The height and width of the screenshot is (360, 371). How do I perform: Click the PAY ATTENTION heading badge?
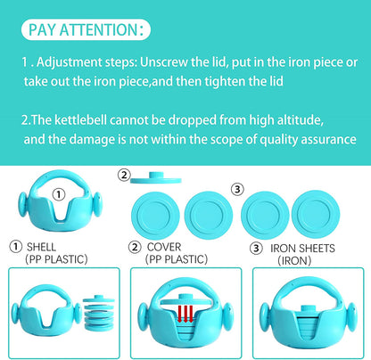(x=86, y=29)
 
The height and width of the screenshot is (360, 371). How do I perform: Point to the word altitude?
(x=300, y=120)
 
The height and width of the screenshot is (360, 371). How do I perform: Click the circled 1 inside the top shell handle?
(x=59, y=194)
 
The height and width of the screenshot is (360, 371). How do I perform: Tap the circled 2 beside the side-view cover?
(x=124, y=175)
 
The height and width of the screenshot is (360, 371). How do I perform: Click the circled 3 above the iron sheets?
(x=237, y=189)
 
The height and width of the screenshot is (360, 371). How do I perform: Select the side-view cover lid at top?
(x=156, y=178)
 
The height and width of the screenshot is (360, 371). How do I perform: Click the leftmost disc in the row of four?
(x=155, y=215)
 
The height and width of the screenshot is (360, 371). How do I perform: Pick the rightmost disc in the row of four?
(x=316, y=215)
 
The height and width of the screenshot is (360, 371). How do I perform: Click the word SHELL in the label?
(x=41, y=247)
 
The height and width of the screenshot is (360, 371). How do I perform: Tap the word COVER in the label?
(x=164, y=247)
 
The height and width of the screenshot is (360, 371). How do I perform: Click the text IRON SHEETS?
(x=302, y=249)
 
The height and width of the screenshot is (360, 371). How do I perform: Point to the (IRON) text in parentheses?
(x=294, y=261)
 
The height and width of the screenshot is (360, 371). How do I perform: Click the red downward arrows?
(x=185, y=314)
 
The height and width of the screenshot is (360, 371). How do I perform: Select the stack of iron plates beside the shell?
(x=98, y=313)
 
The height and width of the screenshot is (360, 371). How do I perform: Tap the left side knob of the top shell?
(x=23, y=204)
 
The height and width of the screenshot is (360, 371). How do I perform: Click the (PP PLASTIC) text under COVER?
(x=177, y=259)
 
